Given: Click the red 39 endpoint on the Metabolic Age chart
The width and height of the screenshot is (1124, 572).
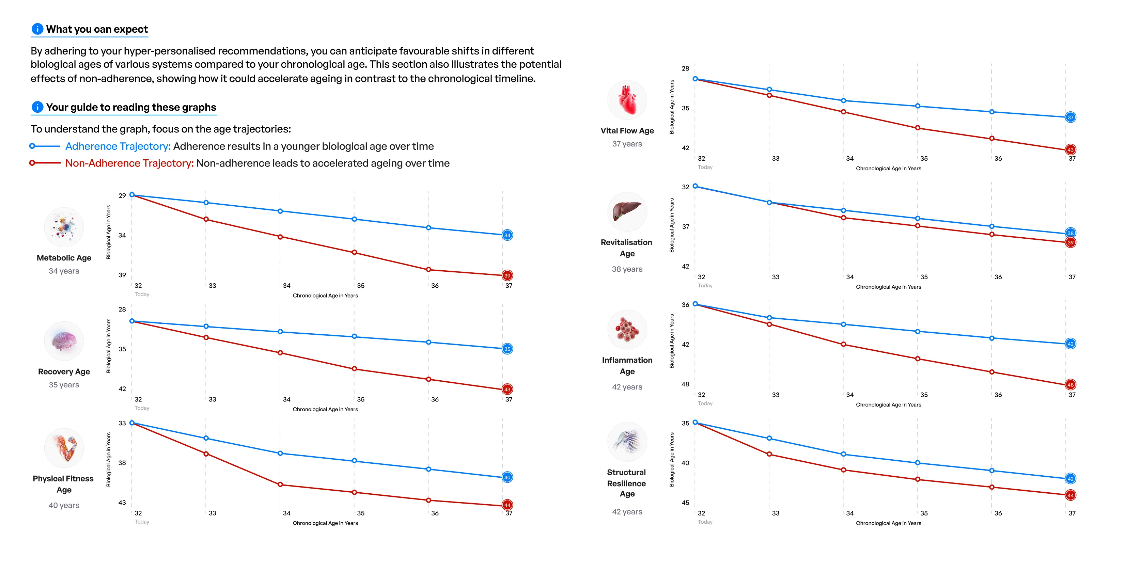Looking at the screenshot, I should (507, 275).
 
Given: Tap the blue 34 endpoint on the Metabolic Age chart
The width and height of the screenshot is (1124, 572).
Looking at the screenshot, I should (507, 235).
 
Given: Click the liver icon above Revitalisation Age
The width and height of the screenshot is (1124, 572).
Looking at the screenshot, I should (627, 212).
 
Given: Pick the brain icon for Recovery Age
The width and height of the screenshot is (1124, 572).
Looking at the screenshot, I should (64, 341).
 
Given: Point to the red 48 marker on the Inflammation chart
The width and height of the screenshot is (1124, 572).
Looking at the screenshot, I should (1070, 385).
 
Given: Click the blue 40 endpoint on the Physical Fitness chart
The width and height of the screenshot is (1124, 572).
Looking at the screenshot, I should (507, 477).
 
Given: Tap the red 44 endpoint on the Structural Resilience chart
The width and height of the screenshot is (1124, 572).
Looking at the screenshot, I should (1070, 495).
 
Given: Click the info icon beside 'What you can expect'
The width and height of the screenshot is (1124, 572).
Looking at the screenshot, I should (37, 29).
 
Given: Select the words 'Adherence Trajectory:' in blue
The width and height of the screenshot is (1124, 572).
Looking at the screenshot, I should (118, 146).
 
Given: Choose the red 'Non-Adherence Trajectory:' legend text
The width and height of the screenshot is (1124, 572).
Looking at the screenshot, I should (129, 163).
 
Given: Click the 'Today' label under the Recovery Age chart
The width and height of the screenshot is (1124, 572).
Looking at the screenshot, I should (142, 408).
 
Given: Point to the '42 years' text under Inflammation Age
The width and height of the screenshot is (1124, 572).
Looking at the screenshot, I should (627, 387).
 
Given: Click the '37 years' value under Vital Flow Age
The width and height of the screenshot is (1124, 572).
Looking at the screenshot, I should (627, 144).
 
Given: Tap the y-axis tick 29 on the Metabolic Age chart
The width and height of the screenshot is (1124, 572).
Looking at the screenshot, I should (122, 195).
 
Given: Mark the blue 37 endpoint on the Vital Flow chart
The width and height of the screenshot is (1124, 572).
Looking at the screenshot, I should (1070, 117).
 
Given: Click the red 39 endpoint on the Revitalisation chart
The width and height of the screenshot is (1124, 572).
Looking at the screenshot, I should (1070, 242).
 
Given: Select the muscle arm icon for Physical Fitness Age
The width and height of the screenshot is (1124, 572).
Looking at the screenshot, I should (64, 448).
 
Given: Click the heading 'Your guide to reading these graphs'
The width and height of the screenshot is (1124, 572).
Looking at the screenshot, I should (131, 107).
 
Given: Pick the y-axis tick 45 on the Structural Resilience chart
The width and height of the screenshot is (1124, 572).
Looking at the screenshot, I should (686, 503).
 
